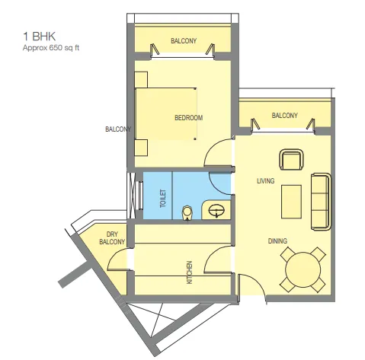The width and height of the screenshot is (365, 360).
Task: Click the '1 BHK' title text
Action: click(37, 36)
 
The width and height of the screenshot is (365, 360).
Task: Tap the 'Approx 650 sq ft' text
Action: click(52, 47)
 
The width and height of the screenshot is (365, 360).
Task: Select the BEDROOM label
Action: click(188, 117)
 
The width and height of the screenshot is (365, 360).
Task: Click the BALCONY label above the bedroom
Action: click(184, 40)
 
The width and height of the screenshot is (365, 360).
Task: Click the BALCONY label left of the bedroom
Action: click(118, 129)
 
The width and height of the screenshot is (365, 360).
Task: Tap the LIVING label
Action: click(265, 180)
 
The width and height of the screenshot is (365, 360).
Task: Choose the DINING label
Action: click(277, 241)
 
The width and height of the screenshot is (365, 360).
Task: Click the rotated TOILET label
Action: click(162, 199)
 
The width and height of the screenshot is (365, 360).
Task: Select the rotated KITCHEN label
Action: click(189, 272)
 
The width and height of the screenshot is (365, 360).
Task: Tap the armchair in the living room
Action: click(291, 160)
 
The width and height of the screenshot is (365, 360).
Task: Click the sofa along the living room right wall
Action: click(320, 201)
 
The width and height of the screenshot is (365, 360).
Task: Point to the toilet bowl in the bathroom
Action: click(187, 211)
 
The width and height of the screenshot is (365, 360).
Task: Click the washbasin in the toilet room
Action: click(216, 208)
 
